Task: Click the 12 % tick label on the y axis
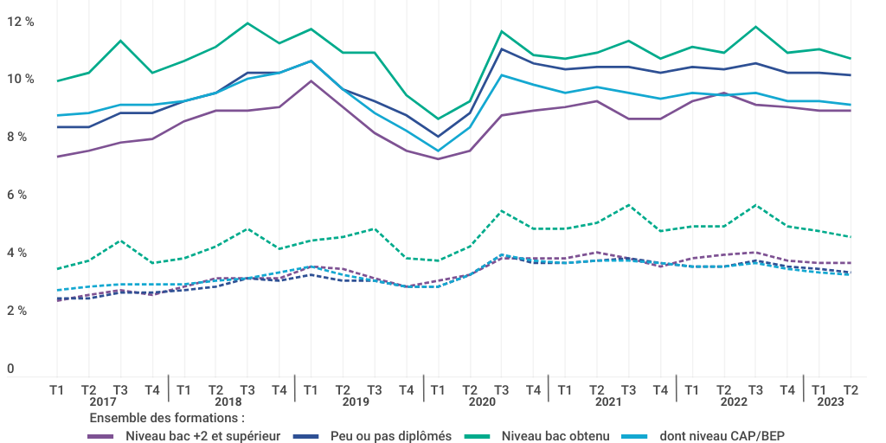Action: pyautogui.click(x=19, y=22)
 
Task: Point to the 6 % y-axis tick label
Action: pyautogui.click(x=16, y=195)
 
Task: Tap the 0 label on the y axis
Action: pyautogui.click(x=10, y=369)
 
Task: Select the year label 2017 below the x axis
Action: pyautogui.click(x=102, y=402)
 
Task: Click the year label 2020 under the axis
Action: pyautogui.click(x=481, y=402)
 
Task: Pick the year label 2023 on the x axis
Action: pyautogui.click(x=831, y=402)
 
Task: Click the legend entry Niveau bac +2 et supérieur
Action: pyautogui.click(x=202, y=436)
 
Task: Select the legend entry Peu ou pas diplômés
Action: pyautogui.click(x=391, y=436)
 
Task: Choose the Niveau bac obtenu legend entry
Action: pyautogui.click(x=555, y=436)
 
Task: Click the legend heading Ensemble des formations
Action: pyautogui.click(x=167, y=419)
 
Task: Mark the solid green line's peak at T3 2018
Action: pyautogui.click(x=247, y=23)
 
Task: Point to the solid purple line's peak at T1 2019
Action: pyautogui.click(x=311, y=81)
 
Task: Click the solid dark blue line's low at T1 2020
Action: pyautogui.click(x=438, y=137)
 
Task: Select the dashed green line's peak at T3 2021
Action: pyautogui.click(x=628, y=205)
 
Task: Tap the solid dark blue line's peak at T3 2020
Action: pyautogui.click(x=501, y=49)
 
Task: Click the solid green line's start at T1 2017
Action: pyautogui.click(x=57, y=81)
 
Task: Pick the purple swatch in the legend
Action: pyautogui.click(x=102, y=436)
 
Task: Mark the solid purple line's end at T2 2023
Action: pyautogui.click(x=851, y=111)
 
